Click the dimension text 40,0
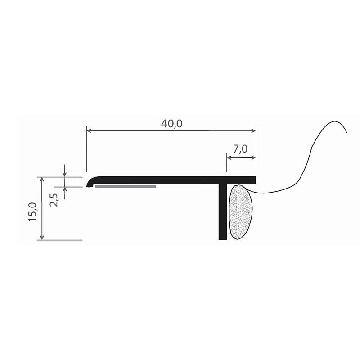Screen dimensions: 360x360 tap(171, 124)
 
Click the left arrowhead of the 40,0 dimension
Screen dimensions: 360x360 tap(89, 131)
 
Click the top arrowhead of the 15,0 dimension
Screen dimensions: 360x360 tap(42, 179)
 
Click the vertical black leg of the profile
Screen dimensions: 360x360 tap(222, 211)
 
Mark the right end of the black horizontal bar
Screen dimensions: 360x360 tap(254, 180)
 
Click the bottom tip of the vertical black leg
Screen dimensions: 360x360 tap(222, 238)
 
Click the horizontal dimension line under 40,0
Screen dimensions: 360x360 tap(135, 131)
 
